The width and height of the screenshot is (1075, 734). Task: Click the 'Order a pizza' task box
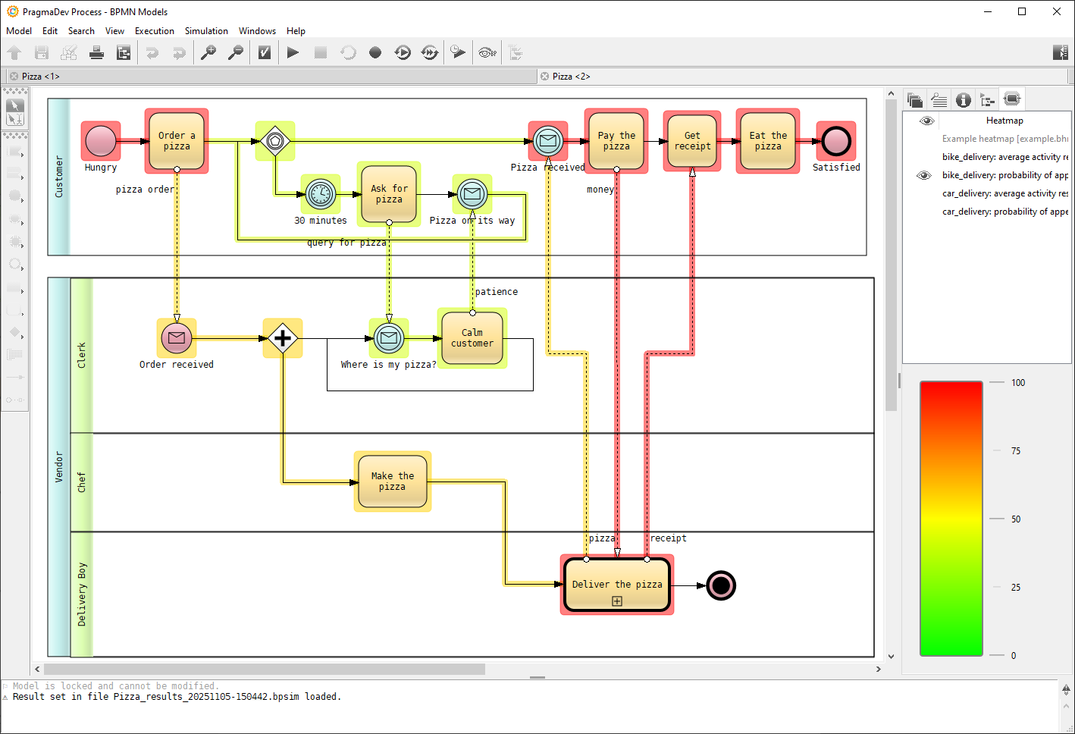[177, 141]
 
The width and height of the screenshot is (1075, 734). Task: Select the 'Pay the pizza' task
[616, 141]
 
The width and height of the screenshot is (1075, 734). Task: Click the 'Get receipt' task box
[692, 141]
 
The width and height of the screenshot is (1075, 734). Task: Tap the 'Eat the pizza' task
[768, 141]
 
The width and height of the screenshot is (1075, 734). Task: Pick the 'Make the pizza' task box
[392, 481]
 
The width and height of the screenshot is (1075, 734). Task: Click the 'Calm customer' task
[472, 338]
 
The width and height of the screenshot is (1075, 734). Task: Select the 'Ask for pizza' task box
[389, 194]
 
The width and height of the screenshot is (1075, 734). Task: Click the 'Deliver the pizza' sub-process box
[617, 585]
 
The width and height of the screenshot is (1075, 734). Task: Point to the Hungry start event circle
[101, 141]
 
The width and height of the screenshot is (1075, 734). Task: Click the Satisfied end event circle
[836, 141]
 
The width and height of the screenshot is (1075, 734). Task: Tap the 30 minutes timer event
[321, 194]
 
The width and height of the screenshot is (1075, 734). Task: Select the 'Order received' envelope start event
[177, 338]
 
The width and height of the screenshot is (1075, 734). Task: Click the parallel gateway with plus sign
[283, 338]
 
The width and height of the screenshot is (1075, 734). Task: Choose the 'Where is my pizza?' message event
[389, 338]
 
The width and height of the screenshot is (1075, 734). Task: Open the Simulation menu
[206, 31]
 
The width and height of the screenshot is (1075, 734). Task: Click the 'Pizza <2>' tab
[571, 77]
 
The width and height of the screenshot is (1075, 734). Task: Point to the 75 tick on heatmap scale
[1016, 451]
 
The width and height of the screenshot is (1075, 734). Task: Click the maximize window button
[1022, 11]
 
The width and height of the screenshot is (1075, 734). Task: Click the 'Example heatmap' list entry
[1004, 139]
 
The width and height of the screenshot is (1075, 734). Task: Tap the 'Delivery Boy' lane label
[82, 594]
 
